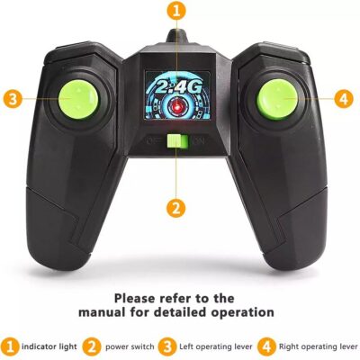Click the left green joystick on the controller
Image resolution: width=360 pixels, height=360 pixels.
(x=78, y=98)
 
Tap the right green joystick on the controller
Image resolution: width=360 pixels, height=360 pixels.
(x=277, y=100)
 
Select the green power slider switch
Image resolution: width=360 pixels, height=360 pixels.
(x=177, y=141)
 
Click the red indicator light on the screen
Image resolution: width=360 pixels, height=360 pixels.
(x=177, y=105)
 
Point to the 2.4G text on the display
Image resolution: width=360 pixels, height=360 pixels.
(x=176, y=87)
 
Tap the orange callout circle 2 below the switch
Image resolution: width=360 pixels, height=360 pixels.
(x=176, y=208)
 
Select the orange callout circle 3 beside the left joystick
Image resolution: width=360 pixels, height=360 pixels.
(x=13, y=98)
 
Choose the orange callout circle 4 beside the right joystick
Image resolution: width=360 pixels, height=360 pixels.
(x=344, y=98)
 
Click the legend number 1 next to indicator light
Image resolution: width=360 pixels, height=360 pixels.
(x=10, y=347)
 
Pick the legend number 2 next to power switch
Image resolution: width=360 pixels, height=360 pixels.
(x=92, y=347)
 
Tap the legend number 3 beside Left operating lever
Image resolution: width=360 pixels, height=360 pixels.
(x=167, y=347)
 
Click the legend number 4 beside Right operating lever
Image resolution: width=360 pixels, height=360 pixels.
(x=266, y=347)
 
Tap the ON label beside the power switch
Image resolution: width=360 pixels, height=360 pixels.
(x=199, y=141)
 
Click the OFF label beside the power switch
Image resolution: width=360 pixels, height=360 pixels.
(x=155, y=140)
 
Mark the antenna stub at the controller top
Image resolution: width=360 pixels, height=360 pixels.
(x=177, y=37)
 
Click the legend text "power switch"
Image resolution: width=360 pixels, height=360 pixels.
(x=130, y=347)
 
